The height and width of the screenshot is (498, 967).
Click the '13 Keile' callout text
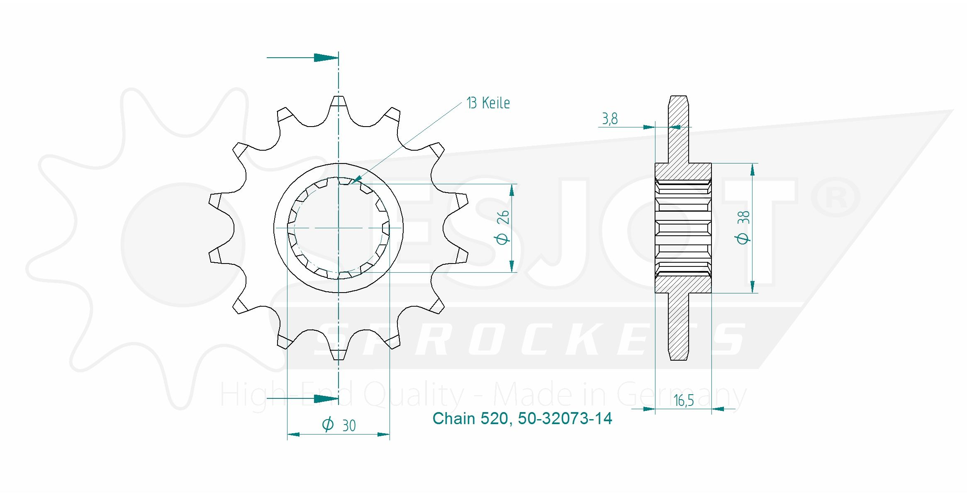click(x=488, y=103)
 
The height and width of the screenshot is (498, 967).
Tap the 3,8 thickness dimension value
click(x=610, y=119)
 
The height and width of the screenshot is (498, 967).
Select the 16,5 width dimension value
click(x=684, y=400)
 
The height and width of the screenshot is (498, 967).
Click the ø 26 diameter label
click(x=502, y=227)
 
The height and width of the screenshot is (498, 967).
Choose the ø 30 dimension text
click(x=339, y=425)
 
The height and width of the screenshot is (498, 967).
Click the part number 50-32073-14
click(x=565, y=418)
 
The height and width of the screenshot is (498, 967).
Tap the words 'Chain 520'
click(x=470, y=418)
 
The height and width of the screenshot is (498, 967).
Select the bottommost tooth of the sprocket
click(x=339, y=352)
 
